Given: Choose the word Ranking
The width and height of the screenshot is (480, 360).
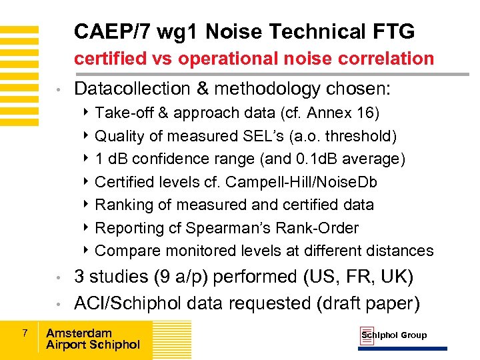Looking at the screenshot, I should (x=121, y=205).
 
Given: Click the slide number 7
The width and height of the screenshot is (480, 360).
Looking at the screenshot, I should (x=24, y=332).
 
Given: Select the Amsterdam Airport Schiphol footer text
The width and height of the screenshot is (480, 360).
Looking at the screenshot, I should (x=93, y=339).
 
